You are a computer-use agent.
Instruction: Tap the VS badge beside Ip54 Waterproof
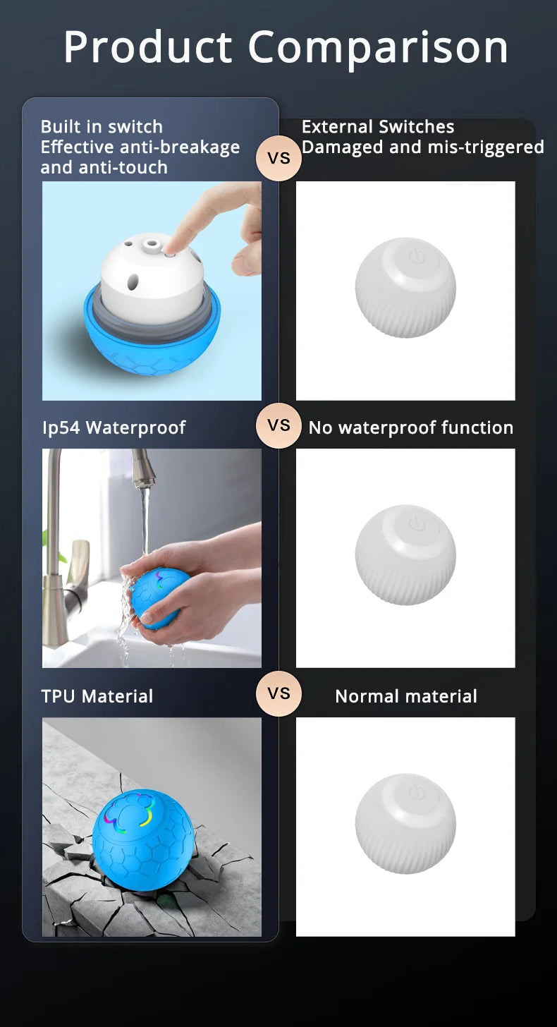(x=278, y=425)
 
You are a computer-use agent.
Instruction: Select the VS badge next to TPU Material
(x=278, y=693)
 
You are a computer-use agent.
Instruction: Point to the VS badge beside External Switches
(x=278, y=158)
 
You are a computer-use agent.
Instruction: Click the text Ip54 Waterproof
(x=114, y=427)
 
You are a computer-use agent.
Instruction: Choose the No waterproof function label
(x=410, y=427)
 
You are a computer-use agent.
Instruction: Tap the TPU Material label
(x=97, y=696)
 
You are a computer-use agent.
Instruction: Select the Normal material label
(x=405, y=696)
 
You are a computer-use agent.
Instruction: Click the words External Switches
(x=377, y=127)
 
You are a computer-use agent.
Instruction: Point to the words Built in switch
(x=102, y=127)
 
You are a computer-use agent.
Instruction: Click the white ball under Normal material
(x=405, y=824)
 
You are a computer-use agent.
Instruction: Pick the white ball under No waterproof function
(x=405, y=555)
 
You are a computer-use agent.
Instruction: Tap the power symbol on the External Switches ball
(x=415, y=256)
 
